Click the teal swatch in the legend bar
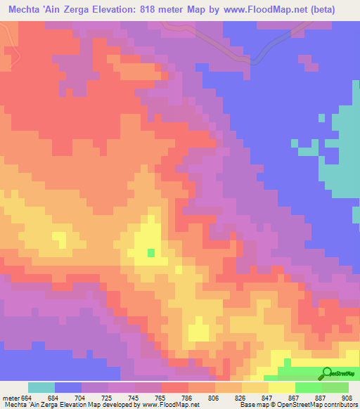41,387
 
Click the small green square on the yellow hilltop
150,252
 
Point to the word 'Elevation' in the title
108,9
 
